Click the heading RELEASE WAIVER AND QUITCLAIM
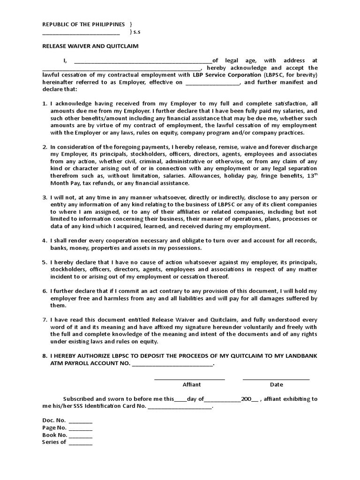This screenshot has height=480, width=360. pyautogui.click(x=90, y=46)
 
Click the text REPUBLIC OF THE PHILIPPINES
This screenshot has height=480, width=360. pyautogui.click(x=83, y=24)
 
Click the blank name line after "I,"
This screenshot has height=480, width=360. pyautogui.click(x=143, y=61)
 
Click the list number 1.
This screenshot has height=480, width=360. pyautogui.click(x=45, y=103)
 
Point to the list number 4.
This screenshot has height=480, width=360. pyautogui.click(x=45, y=240)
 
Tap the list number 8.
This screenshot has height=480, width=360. pyautogui.click(x=45, y=356)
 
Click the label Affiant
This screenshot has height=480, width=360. pyautogui.click(x=191, y=384)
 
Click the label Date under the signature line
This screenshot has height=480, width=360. pyautogui.click(x=277, y=384)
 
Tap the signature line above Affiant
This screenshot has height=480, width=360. pyautogui.click(x=190, y=378)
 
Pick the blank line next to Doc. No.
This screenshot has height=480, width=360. pyautogui.click(x=80, y=421)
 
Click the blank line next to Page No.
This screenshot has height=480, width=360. pyautogui.click(x=80, y=428)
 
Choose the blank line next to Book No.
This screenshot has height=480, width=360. pyautogui.click(x=80, y=435)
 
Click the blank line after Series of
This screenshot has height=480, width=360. pyautogui.click(x=80, y=442)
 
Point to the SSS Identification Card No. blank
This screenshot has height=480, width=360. pyautogui.click(x=180, y=406)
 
